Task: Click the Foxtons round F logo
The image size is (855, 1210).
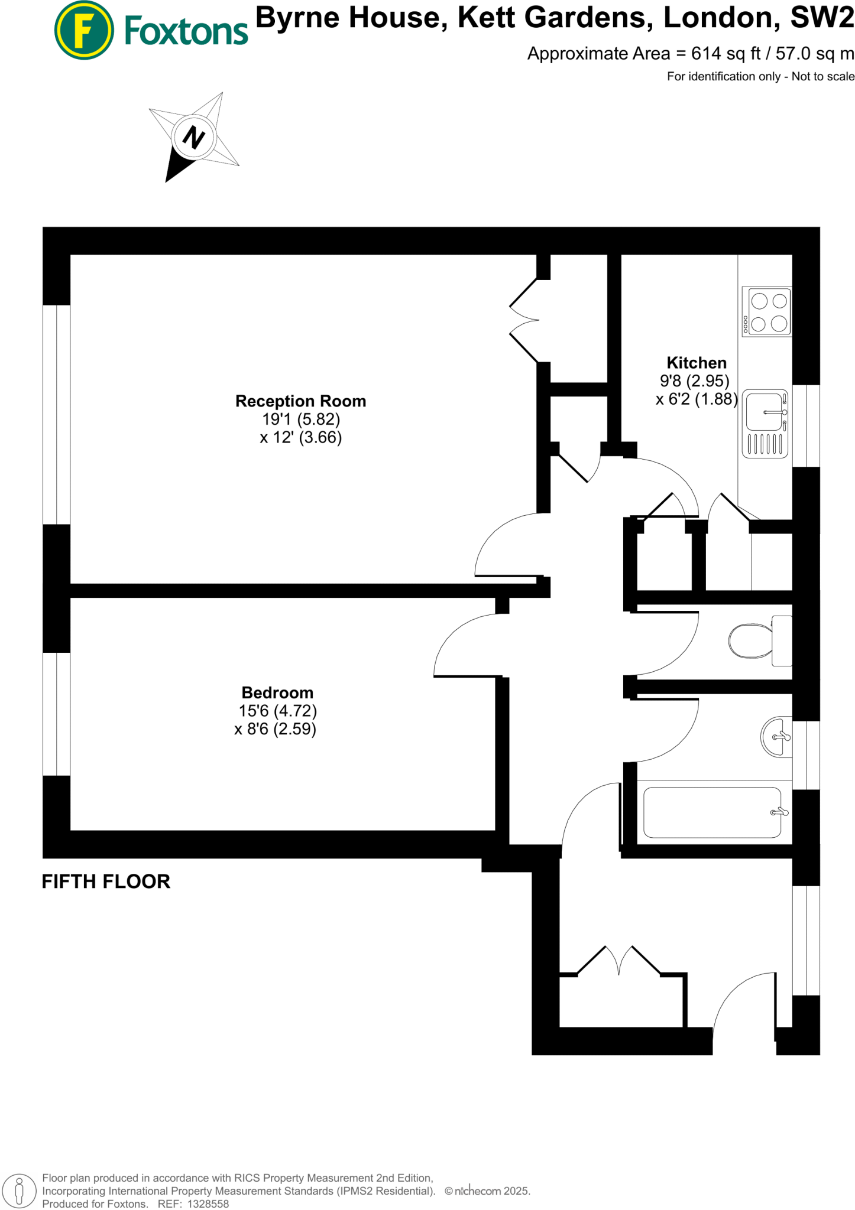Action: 84,30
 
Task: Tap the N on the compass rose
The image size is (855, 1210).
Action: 193,137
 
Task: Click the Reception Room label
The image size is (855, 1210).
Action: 300,401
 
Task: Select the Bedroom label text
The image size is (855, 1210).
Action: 277,692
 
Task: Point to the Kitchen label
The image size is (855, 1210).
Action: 696,363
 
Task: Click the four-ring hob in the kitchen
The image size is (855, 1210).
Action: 767,312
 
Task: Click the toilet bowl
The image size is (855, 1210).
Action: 750,640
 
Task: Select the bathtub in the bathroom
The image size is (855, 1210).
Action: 712,812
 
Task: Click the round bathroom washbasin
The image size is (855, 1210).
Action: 776,737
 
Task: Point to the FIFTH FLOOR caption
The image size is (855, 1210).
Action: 106,882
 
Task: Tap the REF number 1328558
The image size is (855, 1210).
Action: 208,1204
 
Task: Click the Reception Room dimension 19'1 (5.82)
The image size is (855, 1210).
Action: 301,419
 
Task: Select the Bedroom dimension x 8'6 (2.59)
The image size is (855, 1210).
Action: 276,729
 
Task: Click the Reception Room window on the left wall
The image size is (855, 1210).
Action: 57,414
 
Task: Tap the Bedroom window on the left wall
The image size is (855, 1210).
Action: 57,714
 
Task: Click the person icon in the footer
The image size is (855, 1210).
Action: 20,1191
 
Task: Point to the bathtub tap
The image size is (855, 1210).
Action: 779,812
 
